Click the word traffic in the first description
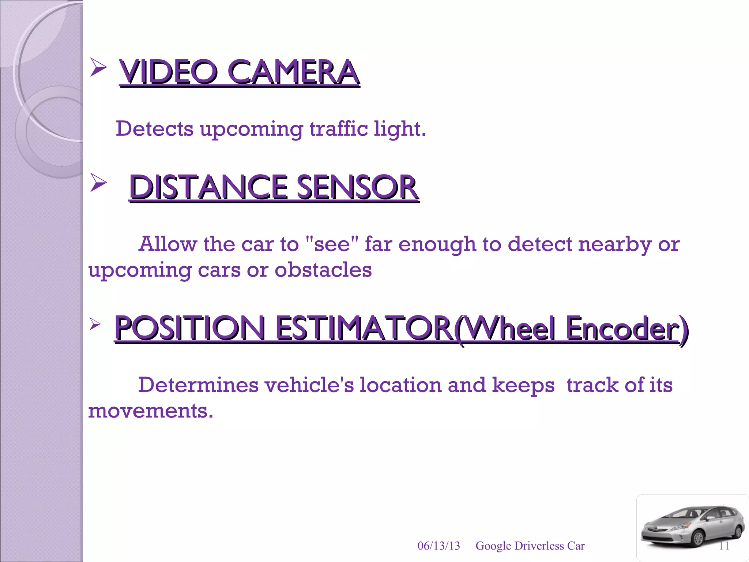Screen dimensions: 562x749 pyautogui.click(x=339, y=129)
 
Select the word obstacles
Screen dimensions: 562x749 pyautogui.click(x=323, y=270)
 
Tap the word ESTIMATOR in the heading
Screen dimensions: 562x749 pyautogui.click(x=364, y=328)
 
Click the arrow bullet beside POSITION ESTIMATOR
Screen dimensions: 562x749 pyautogui.click(x=95, y=323)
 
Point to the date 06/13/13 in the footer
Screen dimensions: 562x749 pyautogui.click(x=439, y=546)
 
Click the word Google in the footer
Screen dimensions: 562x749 pyautogui.click(x=493, y=546)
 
